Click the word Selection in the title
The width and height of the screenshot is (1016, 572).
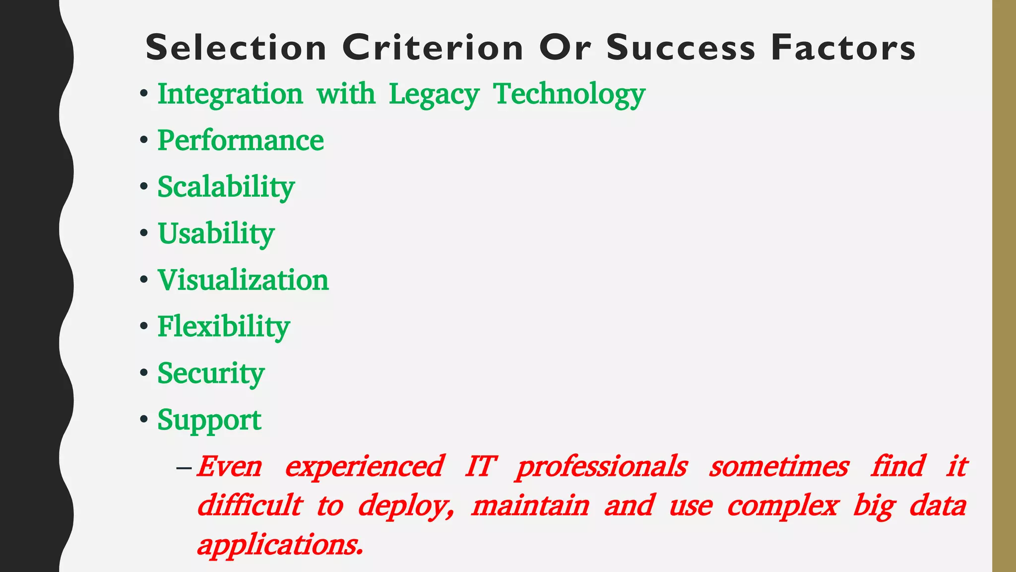236,48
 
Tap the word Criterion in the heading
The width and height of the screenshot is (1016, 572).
433,48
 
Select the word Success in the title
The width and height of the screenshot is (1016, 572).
681,48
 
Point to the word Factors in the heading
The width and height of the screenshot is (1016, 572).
843,48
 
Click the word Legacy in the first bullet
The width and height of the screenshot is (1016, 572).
434,94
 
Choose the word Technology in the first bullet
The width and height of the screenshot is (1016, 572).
569,94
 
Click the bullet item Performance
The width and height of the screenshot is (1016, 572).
241,141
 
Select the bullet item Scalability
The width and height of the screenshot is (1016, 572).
226,187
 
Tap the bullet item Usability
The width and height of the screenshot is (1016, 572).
216,233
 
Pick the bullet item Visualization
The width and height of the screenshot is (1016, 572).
243,280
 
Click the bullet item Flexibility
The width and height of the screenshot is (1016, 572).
223,327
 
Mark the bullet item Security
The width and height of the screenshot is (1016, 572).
211,373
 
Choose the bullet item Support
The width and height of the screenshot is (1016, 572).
209,420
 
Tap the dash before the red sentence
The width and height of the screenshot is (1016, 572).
183,468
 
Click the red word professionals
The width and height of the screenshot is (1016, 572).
601,467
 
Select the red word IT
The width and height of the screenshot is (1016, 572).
480,466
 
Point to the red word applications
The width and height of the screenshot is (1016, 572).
280,545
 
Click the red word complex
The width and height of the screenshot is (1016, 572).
782,506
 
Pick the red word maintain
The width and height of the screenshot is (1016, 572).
530,506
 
